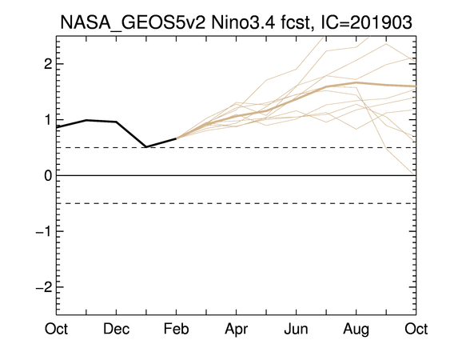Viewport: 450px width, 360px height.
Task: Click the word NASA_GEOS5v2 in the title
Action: pyautogui.click(x=133, y=22)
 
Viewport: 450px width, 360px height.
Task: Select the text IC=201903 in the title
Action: pyautogui.click(x=366, y=22)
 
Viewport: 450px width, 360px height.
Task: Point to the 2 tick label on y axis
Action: pyautogui.click(x=48, y=64)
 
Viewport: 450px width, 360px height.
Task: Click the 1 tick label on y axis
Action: pyautogui.click(x=48, y=119)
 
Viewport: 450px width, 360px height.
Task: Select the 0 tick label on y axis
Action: pyautogui.click(x=48, y=175)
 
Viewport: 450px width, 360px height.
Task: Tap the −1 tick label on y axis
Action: pyautogui.click(x=44, y=231)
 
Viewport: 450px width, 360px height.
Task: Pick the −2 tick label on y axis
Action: pyautogui.click(x=44, y=286)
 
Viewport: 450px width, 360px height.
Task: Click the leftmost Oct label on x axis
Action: pyautogui.click(x=56, y=329)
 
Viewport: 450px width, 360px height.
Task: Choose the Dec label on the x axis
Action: pyautogui.click(x=116, y=329)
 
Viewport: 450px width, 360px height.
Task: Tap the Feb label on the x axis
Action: pyautogui.click(x=176, y=329)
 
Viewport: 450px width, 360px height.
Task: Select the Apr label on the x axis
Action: pyautogui.click(x=237, y=330)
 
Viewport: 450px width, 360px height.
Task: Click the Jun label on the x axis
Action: pyautogui.click(x=297, y=329)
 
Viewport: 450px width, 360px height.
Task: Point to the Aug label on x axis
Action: pyautogui.click(x=356, y=330)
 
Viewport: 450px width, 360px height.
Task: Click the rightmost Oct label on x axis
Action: pyautogui.click(x=416, y=329)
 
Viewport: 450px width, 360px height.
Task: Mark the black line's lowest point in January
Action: pyautogui.click(x=146, y=147)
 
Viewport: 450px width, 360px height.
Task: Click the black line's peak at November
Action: pyautogui.click(x=86, y=120)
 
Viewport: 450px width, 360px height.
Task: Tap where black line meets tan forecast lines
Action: pyautogui.click(x=176, y=138)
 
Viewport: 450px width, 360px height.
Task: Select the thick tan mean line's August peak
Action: pyautogui.click(x=356, y=82)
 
